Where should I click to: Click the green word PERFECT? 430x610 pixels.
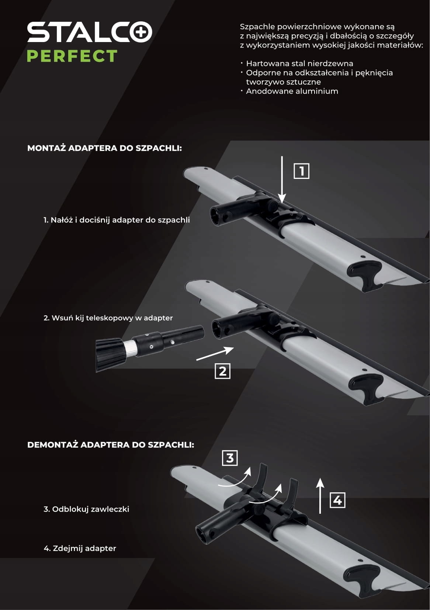72,56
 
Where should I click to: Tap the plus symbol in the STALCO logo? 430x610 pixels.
141,32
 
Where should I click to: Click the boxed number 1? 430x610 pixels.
301,171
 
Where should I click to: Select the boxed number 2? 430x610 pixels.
222,371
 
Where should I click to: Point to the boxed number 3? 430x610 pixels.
230,458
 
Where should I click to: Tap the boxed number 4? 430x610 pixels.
337,500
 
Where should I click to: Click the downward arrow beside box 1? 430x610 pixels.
282,180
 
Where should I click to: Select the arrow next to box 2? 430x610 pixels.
215,353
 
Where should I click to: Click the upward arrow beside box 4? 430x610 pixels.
320,496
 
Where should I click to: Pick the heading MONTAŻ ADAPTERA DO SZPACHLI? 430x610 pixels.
105,148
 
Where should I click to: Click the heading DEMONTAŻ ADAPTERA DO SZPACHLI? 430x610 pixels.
111,445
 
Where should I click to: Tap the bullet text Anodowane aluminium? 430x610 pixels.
292,91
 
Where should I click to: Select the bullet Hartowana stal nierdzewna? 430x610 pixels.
299,63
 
